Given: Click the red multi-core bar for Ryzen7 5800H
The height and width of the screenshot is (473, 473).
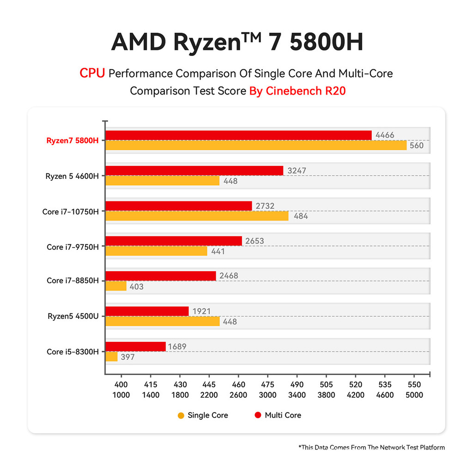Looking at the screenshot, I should [x=238, y=135].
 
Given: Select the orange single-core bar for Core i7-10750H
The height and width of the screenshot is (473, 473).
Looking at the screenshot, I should [x=197, y=216].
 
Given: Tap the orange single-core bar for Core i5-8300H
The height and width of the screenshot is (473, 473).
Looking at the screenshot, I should [x=111, y=357].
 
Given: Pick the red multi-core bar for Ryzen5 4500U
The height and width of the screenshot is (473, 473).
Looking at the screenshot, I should [x=147, y=311].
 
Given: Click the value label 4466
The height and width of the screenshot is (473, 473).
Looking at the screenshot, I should [x=385, y=135].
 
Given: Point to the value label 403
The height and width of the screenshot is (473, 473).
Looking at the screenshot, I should [x=136, y=286].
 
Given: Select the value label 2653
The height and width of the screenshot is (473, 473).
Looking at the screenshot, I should [x=255, y=241].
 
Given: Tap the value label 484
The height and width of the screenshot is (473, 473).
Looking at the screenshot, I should [x=300, y=216].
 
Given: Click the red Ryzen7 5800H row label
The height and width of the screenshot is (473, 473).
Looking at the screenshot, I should [x=73, y=140].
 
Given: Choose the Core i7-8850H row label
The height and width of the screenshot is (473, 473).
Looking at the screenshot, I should [x=73, y=281].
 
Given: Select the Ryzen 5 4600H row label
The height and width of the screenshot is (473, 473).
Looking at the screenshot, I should [x=72, y=176].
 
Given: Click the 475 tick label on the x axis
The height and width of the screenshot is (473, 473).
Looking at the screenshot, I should [x=267, y=384].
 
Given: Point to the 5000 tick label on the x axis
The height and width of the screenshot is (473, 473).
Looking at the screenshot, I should [x=414, y=395].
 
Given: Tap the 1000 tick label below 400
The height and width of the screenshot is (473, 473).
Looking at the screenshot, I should [x=121, y=395].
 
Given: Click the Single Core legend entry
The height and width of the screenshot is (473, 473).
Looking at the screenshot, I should [x=203, y=415].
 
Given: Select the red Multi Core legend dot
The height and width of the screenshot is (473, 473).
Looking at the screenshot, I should [x=258, y=415].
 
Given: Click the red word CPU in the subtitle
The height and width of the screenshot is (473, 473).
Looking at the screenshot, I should [x=92, y=73].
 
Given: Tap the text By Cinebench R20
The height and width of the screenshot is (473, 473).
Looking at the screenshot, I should [x=297, y=91].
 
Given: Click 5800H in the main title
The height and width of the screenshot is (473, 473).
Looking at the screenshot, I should [x=326, y=42].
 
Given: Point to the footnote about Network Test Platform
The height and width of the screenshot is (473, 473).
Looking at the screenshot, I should [x=372, y=447].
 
